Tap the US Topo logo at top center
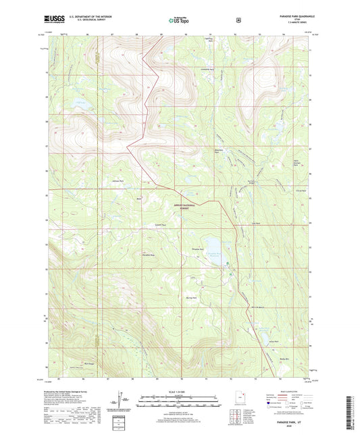(179, 21)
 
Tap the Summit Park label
(160, 225)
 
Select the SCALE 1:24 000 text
(179, 392)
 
